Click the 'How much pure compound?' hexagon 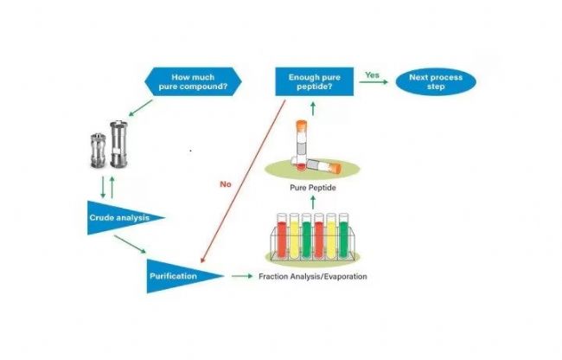coord(191,83)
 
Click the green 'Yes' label coord(371,75)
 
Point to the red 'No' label coord(227,183)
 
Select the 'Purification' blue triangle coord(177,276)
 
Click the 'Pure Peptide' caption coord(312,186)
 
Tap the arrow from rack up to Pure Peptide coord(313,201)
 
